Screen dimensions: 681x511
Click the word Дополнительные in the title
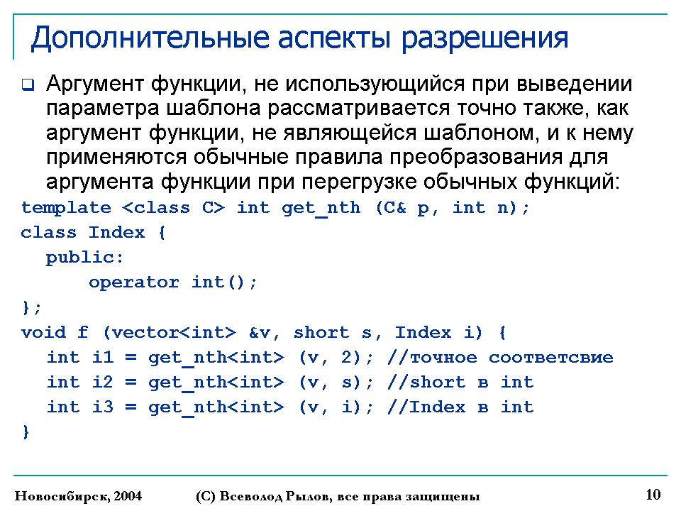pyautogui.click(x=150, y=38)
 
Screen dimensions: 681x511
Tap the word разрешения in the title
pyautogui.click(x=485, y=39)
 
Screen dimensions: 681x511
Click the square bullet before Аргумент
pyautogui.click(x=28, y=84)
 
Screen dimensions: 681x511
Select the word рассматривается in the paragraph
pyautogui.click(x=358, y=109)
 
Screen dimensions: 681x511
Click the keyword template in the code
pyautogui.click(x=66, y=208)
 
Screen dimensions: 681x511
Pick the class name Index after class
pyautogui.click(x=116, y=233)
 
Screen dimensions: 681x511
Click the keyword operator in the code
pyautogui.click(x=134, y=282)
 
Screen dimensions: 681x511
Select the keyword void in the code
pyautogui.click(x=43, y=332)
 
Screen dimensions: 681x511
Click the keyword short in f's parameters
pyautogui.click(x=321, y=332)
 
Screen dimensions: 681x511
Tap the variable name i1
pyautogui.click(x=103, y=357)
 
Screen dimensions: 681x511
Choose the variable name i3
pyautogui.click(x=103, y=407)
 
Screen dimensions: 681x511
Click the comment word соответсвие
pyautogui.click(x=550, y=358)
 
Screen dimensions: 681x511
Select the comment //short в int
pyautogui.click(x=460, y=382)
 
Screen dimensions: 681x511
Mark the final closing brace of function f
pyautogui.click(x=26, y=432)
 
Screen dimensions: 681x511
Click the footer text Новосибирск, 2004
pyautogui.click(x=78, y=496)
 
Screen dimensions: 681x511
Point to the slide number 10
pyautogui.click(x=653, y=495)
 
